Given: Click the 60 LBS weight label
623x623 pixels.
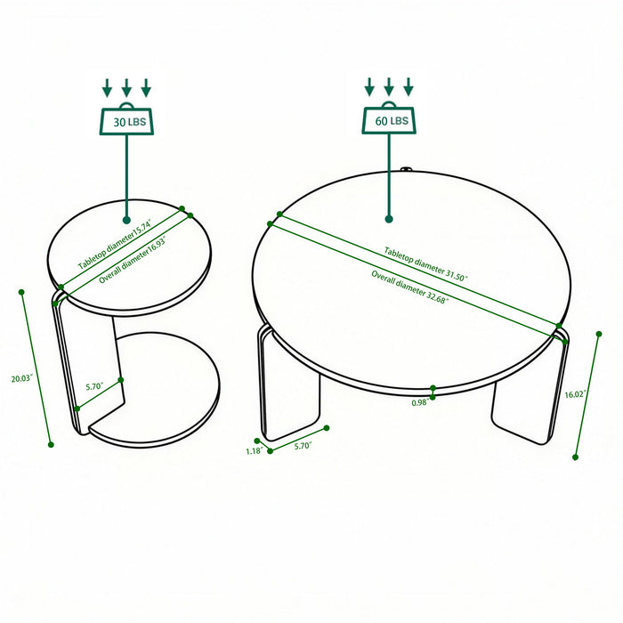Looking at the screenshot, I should (389, 119).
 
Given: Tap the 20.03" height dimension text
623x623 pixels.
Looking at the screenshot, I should (22, 378).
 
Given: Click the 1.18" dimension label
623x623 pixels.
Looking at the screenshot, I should (253, 451).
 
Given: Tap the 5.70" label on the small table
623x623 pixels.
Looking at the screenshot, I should (95, 387).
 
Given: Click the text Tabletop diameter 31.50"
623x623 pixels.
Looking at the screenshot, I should (425, 264).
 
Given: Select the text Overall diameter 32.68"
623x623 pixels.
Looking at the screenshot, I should (410, 286).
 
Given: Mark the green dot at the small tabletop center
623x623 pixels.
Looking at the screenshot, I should (126, 219).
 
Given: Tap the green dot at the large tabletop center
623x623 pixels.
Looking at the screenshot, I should (389, 218).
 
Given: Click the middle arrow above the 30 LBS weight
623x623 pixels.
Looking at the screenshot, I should (126, 87).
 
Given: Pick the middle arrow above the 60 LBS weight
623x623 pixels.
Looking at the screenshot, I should (389, 87).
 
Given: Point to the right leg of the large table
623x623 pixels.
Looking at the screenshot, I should (530, 400).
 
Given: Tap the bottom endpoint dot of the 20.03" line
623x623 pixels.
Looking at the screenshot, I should (51, 444).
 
